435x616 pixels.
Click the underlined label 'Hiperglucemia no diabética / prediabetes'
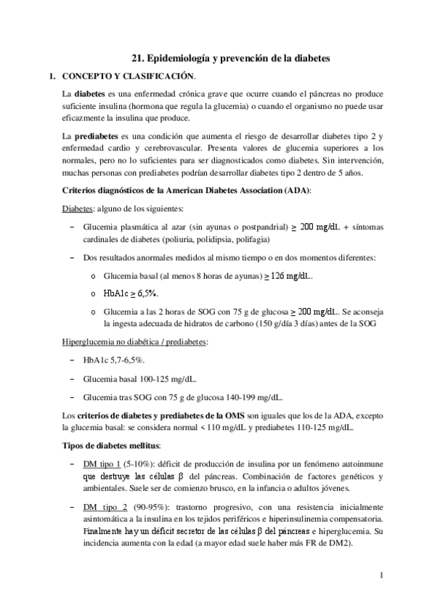(x=135, y=341)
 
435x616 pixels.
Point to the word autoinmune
(x=361, y=463)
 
